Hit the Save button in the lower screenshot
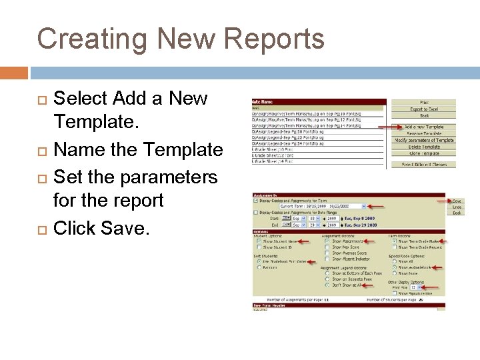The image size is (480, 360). click(x=457, y=201)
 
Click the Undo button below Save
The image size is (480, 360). click(x=457, y=207)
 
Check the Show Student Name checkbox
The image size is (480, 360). click(x=258, y=242)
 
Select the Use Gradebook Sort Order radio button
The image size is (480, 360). click(x=258, y=261)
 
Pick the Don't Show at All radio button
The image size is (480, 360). click(x=326, y=284)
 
